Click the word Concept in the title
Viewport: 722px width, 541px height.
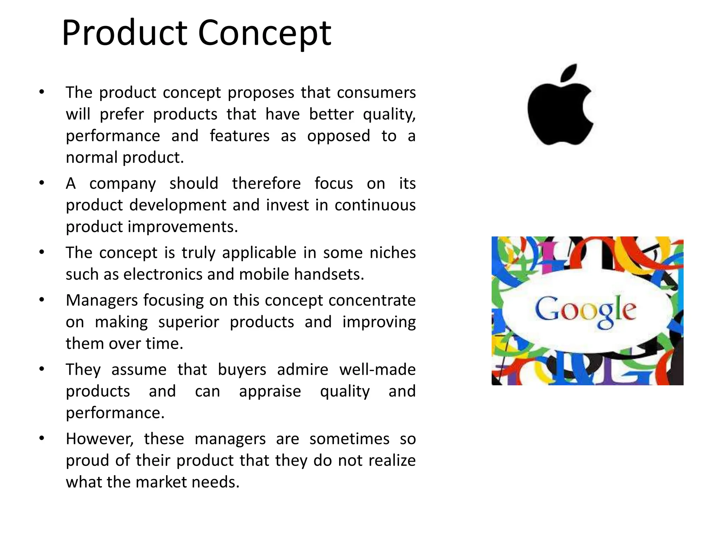(264, 33)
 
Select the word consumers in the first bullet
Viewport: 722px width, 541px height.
(376, 93)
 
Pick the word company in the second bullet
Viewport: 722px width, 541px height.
(122, 184)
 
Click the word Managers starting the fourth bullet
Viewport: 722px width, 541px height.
(101, 300)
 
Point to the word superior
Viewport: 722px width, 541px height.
(189, 322)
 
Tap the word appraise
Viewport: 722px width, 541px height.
(270, 391)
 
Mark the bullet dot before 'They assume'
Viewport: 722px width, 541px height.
(42, 369)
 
